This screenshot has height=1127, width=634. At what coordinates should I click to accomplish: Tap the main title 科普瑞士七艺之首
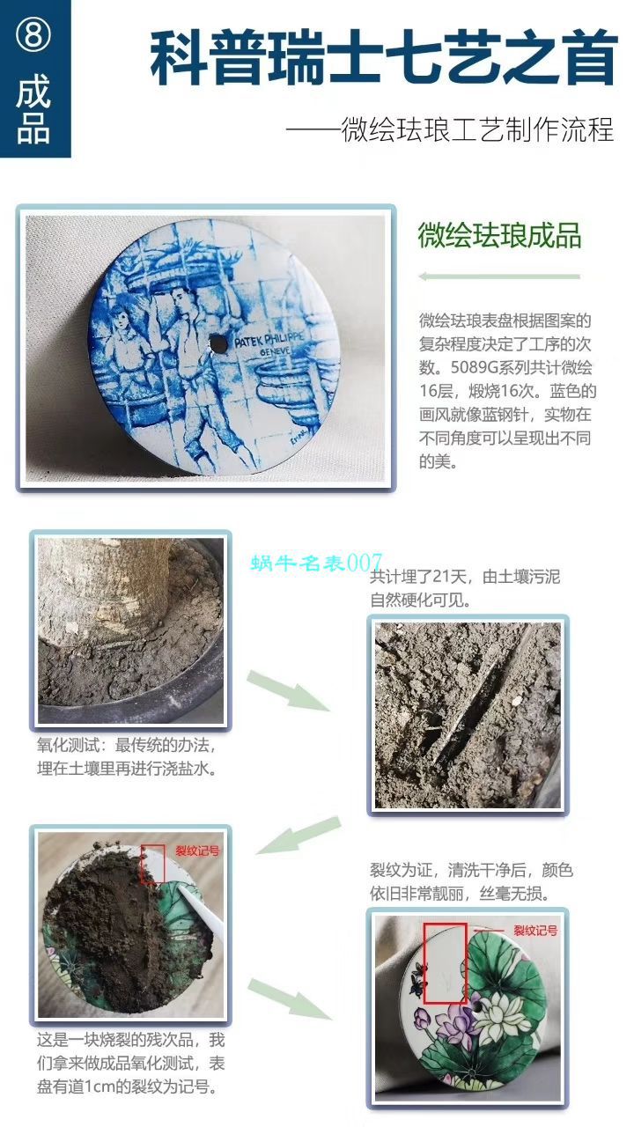pyautogui.click(x=384, y=59)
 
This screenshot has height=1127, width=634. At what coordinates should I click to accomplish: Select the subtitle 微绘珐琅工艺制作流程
pyautogui.click(x=449, y=131)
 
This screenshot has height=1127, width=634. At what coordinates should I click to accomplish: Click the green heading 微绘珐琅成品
pyautogui.click(x=499, y=237)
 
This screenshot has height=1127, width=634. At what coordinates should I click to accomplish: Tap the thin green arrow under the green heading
pyautogui.click(x=498, y=276)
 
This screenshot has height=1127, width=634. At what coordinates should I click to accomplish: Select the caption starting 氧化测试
pyautogui.click(x=128, y=755)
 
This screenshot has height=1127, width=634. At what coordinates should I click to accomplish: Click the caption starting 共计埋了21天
pyautogui.click(x=465, y=589)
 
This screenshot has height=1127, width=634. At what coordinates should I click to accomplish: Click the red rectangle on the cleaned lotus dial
pyautogui.click(x=445, y=963)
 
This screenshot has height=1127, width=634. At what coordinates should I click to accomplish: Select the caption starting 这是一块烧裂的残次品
pyautogui.click(x=130, y=1063)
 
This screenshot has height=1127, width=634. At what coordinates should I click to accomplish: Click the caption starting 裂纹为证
pyautogui.click(x=471, y=881)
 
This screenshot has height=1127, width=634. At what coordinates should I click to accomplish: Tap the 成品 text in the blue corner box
pyautogui.click(x=33, y=111)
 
